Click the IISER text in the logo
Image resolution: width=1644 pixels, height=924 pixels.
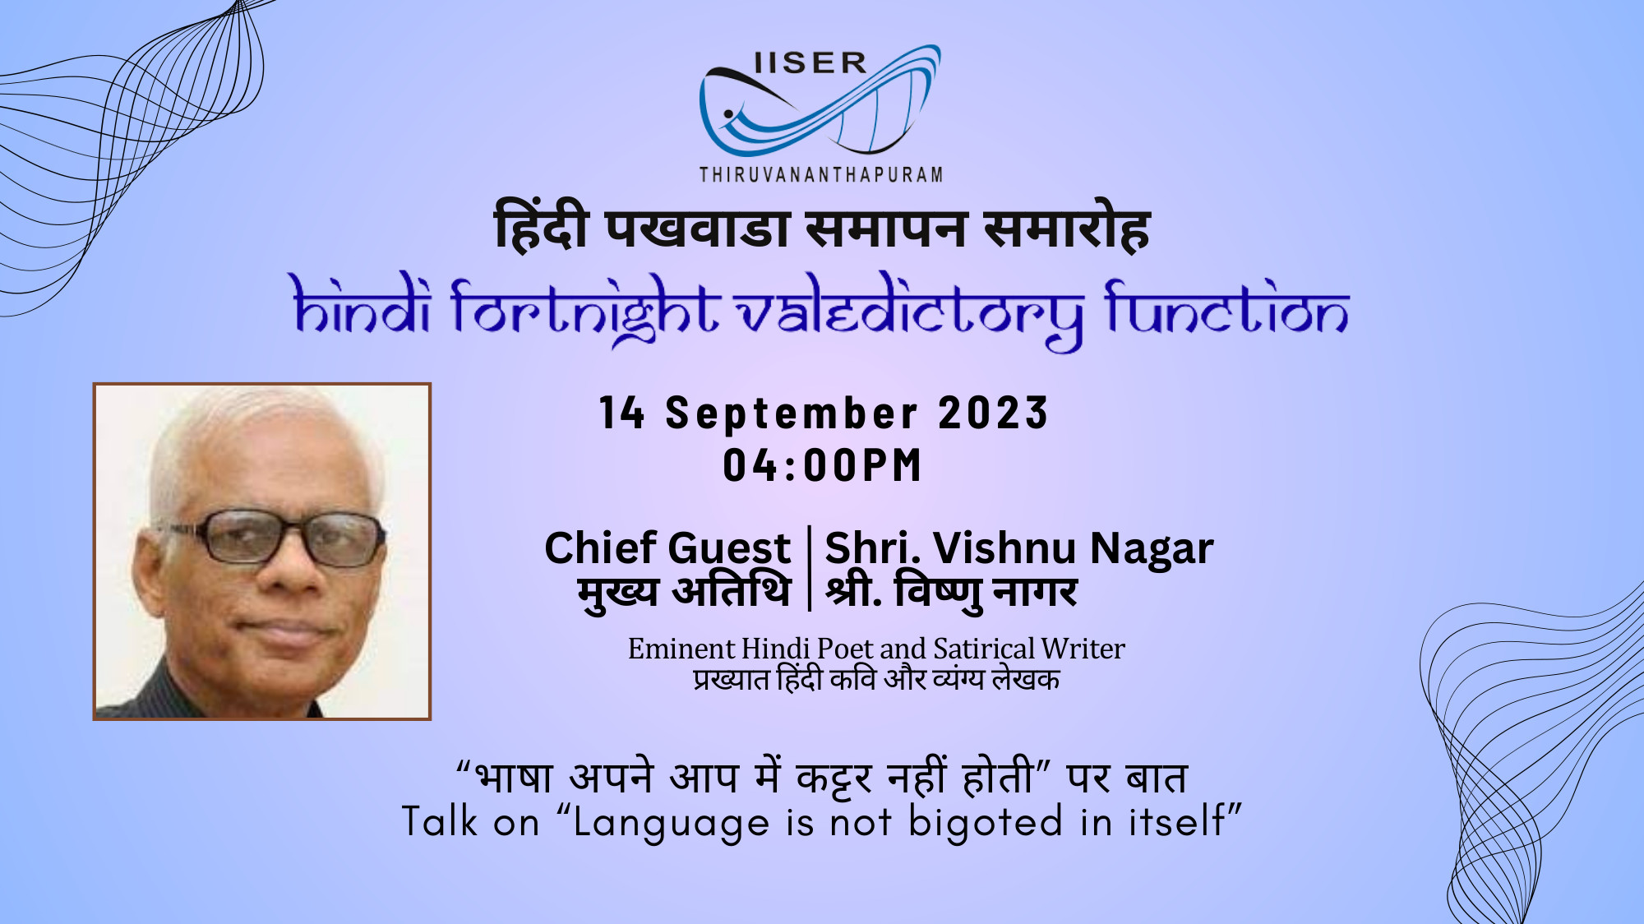click(810, 63)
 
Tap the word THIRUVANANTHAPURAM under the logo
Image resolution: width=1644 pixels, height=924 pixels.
click(821, 174)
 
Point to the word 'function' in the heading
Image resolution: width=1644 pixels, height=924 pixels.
click(1226, 307)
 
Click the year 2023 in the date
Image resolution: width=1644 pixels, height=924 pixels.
click(993, 413)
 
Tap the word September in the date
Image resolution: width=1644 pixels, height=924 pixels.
click(791, 413)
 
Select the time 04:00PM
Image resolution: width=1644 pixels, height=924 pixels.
click(822, 465)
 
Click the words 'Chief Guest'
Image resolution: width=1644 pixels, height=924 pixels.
click(667, 547)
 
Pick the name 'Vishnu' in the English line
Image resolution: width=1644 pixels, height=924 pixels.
click(1004, 547)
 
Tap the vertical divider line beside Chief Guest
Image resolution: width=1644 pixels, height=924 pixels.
click(809, 568)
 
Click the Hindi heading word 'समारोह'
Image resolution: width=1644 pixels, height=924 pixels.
click(1067, 228)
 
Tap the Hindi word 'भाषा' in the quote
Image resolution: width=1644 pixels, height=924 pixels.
click(515, 777)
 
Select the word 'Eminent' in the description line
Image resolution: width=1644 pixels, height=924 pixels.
click(681, 649)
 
